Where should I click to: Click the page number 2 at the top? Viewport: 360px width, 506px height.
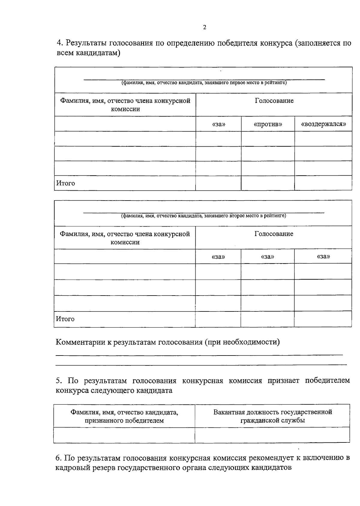[x=205, y=28]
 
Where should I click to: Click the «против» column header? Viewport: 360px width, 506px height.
[x=268, y=124]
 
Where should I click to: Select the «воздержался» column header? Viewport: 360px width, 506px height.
[x=323, y=124]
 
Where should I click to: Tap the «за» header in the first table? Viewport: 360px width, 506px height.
[x=218, y=124]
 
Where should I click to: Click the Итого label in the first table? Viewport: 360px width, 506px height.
[x=65, y=183]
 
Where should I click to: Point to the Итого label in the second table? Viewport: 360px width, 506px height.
[x=65, y=319]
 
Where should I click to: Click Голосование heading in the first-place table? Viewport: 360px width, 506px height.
[x=274, y=101]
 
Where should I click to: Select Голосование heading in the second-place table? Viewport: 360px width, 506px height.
[x=274, y=234]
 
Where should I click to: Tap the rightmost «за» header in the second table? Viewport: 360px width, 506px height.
[x=323, y=257]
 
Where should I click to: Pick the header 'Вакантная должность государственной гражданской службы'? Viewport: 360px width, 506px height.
[x=272, y=416]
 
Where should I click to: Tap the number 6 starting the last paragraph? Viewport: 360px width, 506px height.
[x=58, y=458]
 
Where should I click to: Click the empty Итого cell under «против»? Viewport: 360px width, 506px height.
[x=268, y=183]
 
